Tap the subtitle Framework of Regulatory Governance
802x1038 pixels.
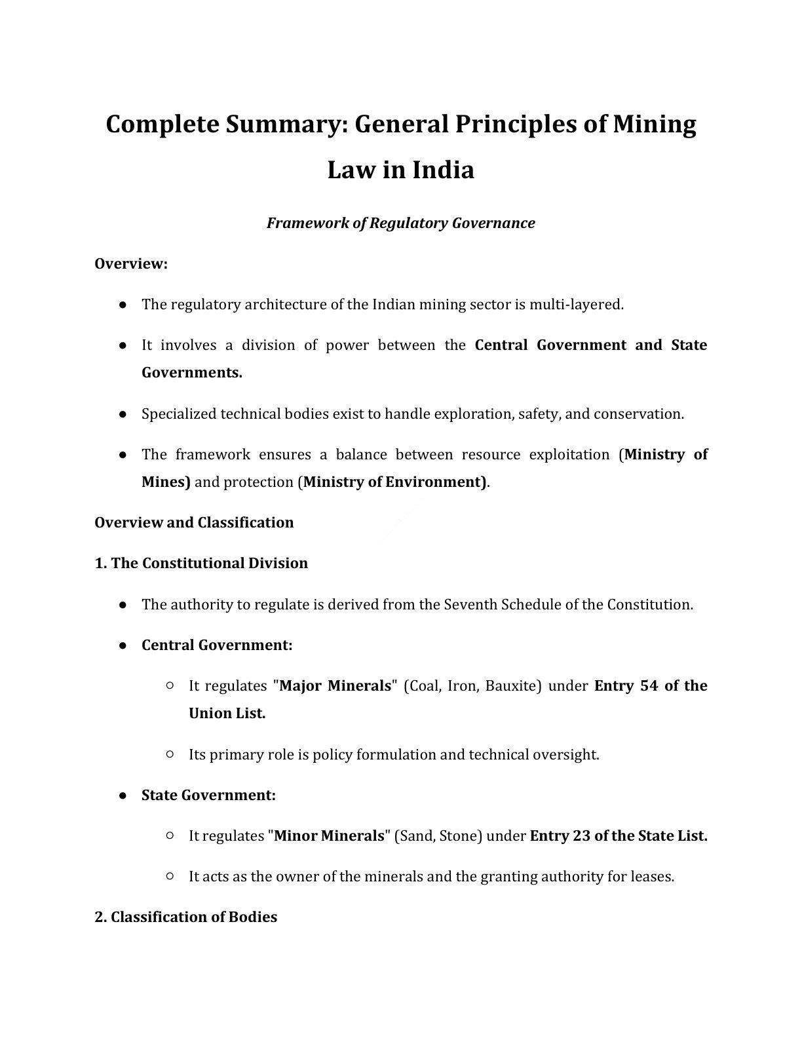[x=400, y=223]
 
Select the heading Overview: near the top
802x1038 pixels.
[x=131, y=263]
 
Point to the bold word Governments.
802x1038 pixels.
[x=191, y=373]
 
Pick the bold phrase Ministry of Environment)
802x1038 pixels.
[x=394, y=482]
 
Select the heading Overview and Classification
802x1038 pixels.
[x=194, y=522]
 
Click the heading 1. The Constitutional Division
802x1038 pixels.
[x=201, y=564]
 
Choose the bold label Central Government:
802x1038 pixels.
[x=217, y=645]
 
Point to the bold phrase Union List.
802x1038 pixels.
[x=227, y=714]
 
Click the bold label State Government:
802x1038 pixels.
[x=208, y=796]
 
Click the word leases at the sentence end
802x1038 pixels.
[x=651, y=877]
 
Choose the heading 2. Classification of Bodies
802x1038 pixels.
[x=185, y=917]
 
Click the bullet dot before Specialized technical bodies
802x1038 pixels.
[x=123, y=414]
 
